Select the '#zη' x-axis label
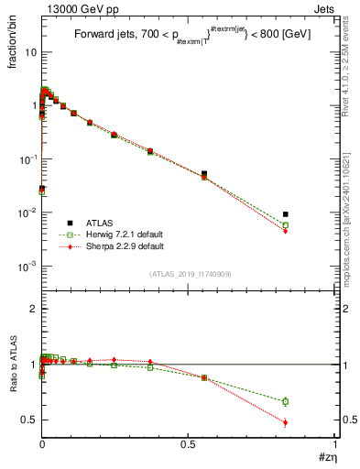pos(326,456)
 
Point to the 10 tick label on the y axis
pos(29,52)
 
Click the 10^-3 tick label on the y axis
pos(26,267)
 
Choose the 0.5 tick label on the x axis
pos(188,442)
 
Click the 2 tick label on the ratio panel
pos(33,309)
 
